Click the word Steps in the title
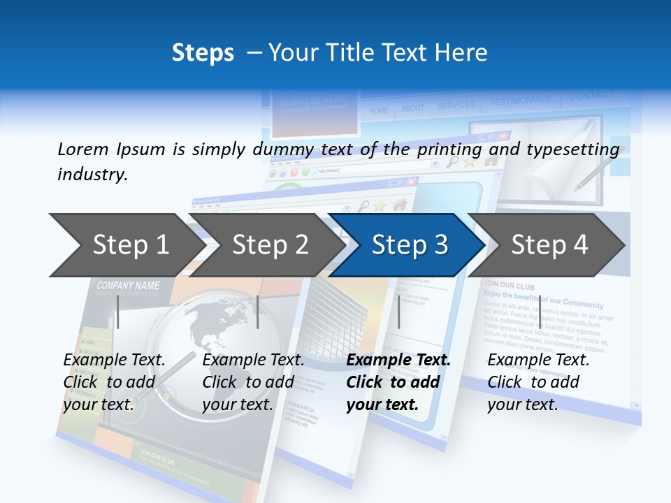[203, 53]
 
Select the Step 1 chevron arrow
[126, 245]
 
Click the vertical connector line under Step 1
[118, 312]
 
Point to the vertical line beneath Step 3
[398, 312]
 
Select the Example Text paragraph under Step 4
[537, 381]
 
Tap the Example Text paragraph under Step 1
[115, 381]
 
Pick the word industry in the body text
[92, 175]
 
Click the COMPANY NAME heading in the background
[128, 285]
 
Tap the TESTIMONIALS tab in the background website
[520, 101]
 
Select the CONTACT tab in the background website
[591, 96]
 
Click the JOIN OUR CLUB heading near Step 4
[508, 284]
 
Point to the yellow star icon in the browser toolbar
[380, 205]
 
